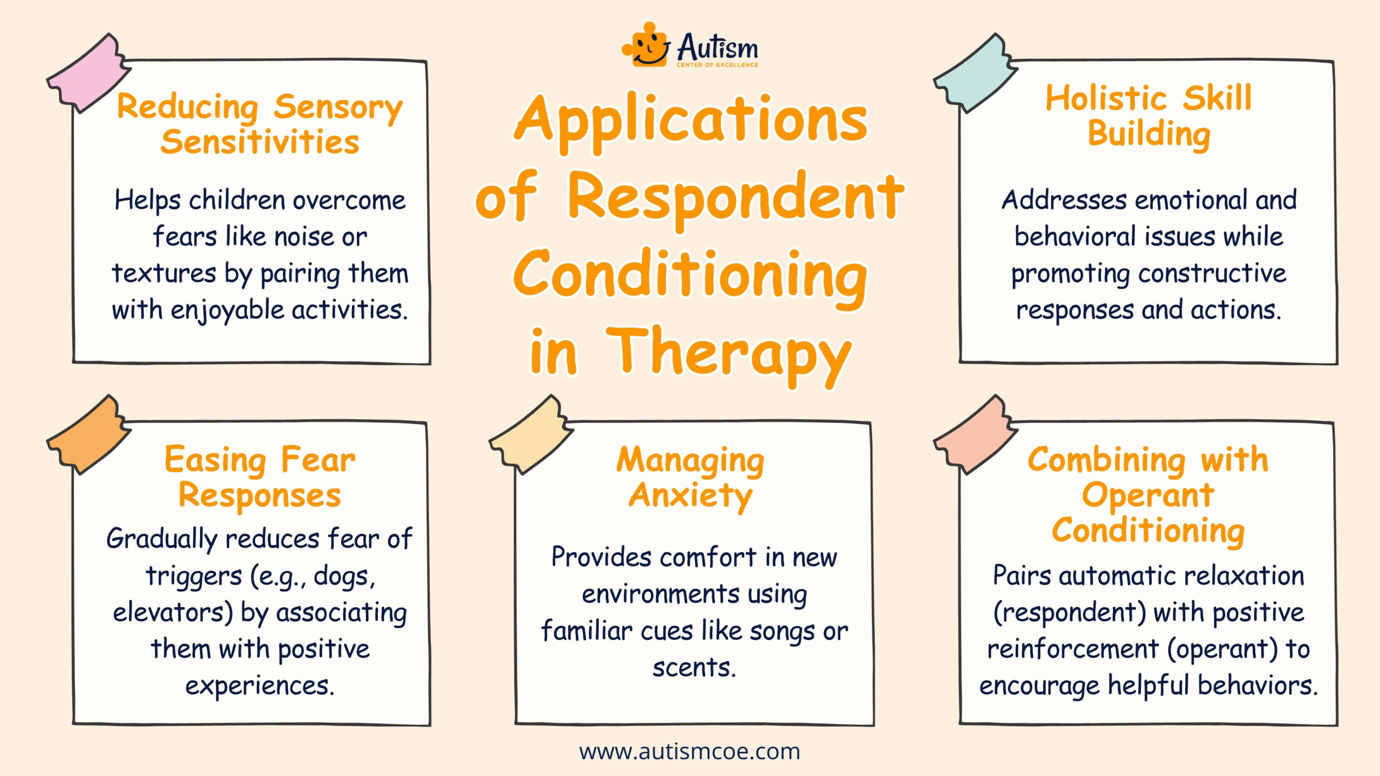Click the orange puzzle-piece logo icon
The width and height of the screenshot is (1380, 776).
point(646,45)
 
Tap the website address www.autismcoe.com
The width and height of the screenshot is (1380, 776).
point(690,751)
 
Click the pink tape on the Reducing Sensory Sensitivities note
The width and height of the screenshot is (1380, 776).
point(88,73)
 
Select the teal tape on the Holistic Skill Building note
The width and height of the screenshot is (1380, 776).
point(976,73)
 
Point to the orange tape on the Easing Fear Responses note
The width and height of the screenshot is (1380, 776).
point(88,434)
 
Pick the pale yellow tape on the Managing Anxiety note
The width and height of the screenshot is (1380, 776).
point(532,434)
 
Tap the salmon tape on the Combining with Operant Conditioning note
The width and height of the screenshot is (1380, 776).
point(976,434)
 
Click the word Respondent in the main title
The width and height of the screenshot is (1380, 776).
point(736,198)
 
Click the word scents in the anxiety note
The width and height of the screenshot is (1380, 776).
point(694,668)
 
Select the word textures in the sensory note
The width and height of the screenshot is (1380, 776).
point(164,273)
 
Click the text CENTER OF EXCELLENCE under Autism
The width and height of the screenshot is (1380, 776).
point(717,65)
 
